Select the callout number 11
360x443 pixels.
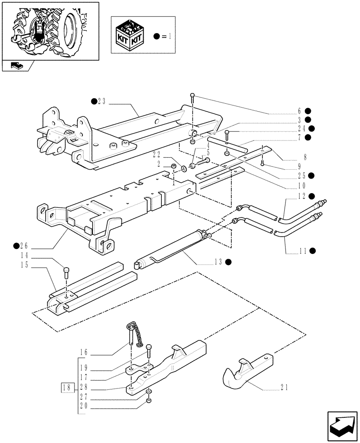(304, 251)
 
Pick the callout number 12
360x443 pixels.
(304, 196)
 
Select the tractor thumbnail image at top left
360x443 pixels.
(50, 30)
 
